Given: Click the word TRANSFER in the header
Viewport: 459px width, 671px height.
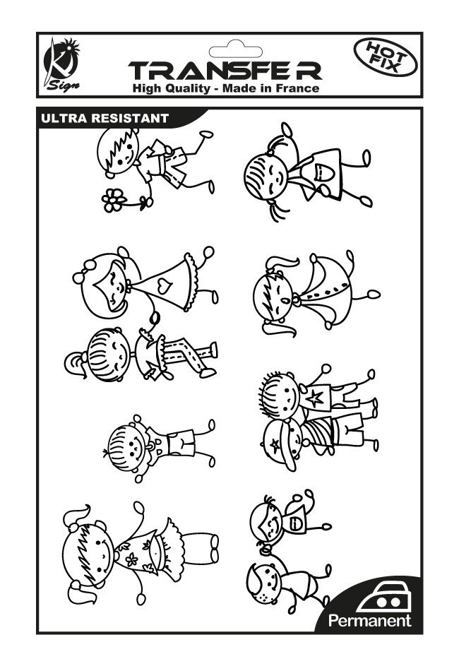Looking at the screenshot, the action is (x=225, y=71).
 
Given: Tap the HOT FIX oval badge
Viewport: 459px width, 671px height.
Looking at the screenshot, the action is (x=386, y=57).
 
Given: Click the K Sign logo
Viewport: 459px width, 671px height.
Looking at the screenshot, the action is (x=62, y=64).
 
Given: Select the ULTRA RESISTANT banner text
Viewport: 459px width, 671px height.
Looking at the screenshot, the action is (x=105, y=118).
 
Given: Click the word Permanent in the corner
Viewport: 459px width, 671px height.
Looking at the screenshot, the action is (x=369, y=620).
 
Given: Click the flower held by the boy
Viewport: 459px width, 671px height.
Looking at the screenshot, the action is (x=114, y=201).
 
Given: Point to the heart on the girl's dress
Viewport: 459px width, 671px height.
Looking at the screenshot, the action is (x=163, y=285).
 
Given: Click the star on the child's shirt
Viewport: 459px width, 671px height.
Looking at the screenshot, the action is (x=315, y=398).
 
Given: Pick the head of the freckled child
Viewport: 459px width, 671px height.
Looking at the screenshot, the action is (x=264, y=583).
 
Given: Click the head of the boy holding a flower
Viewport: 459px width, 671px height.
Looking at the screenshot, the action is (x=118, y=152).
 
